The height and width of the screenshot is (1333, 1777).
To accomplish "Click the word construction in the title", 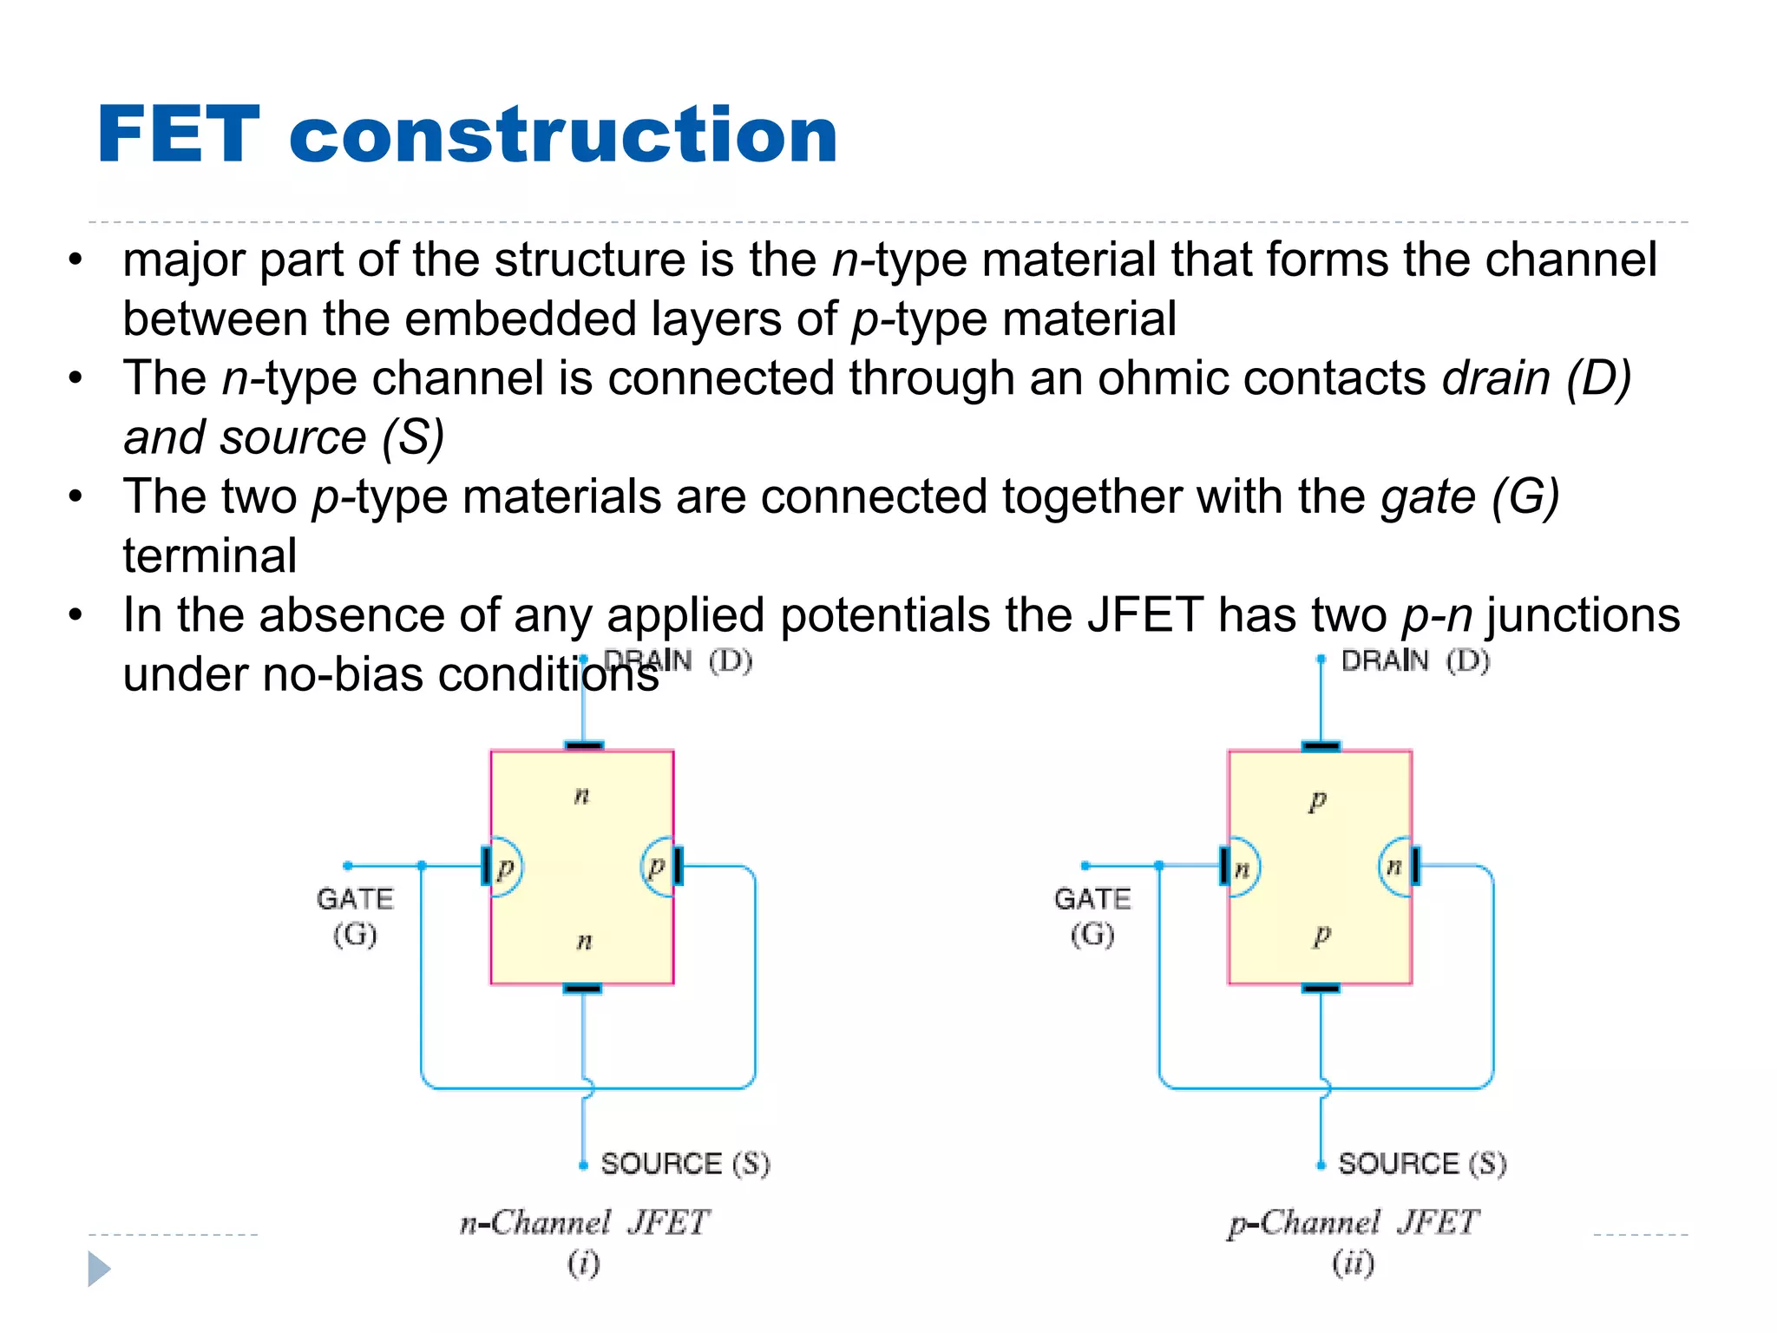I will [563, 136].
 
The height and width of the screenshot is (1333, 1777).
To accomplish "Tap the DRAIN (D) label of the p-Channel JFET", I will [1414, 661].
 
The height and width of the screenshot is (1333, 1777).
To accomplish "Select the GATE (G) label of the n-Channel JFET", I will [355, 916].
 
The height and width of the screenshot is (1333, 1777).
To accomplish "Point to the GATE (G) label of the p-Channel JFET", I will [1092, 916].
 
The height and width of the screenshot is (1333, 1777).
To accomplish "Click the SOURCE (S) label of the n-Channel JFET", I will [685, 1164].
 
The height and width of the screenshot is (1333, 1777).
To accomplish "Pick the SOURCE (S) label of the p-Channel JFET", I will [1422, 1164].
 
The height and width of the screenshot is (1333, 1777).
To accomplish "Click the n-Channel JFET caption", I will [585, 1224].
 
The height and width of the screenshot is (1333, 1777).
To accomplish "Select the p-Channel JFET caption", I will [1353, 1224].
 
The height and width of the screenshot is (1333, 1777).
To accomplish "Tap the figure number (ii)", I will [1354, 1263].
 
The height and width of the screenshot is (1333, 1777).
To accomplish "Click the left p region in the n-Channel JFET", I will [505, 867].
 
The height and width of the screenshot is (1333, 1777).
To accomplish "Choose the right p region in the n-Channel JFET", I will [657, 866].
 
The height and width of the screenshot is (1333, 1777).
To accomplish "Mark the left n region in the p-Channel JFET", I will [1242, 867].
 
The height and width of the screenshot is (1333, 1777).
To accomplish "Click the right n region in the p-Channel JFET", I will [1394, 866].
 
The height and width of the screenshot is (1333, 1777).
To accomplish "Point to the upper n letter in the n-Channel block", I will [582, 795].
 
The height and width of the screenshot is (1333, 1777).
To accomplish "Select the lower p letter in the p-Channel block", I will [1321, 936].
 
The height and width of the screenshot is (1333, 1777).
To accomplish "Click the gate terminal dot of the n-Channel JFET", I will [348, 865].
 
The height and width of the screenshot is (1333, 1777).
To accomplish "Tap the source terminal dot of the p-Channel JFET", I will [1321, 1166].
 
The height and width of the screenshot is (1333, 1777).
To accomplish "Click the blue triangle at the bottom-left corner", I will [99, 1269].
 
